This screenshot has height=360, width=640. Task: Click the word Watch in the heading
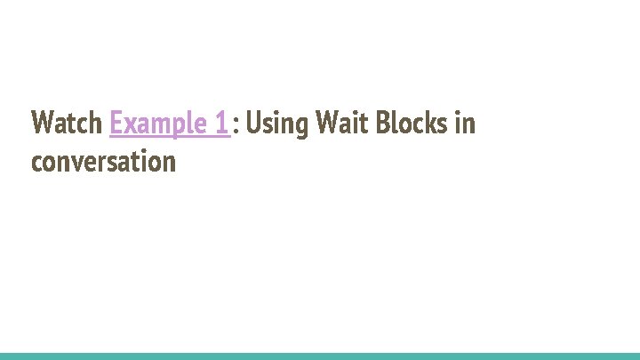pyautogui.click(x=67, y=124)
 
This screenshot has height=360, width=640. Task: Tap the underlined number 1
pyautogui.click(x=222, y=124)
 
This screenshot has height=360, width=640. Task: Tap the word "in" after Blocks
pyautogui.click(x=465, y=124)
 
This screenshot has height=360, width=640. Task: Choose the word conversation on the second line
pyautogui.click(x=103, y=162)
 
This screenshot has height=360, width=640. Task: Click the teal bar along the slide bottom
pyautogui.click(x=320, y=356)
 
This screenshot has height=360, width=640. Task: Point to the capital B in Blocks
pyautogui.click(x=382, y=124)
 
